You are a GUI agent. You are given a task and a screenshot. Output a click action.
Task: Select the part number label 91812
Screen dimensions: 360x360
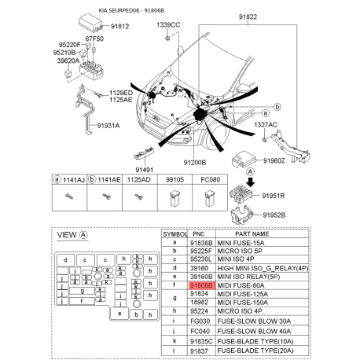click(119, 27)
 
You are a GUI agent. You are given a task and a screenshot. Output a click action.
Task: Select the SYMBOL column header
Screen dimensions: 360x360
click(174, 234)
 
